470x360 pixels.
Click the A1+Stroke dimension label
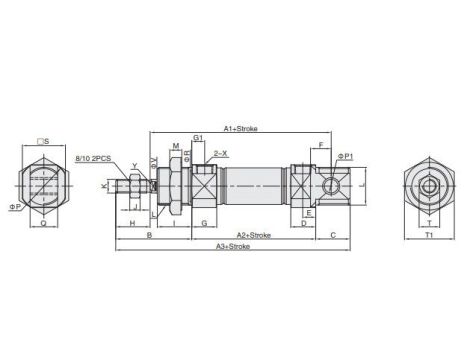241,128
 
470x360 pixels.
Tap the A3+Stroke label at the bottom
233,245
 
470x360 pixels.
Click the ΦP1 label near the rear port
346,156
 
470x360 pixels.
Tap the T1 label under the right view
428,235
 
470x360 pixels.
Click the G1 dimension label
199,137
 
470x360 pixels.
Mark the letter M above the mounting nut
176,147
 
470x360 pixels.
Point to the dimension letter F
320,146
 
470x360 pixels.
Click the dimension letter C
332,234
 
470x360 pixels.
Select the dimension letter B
149,234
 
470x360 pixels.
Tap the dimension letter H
133,223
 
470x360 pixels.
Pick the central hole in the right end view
428,185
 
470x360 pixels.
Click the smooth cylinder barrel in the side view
255,185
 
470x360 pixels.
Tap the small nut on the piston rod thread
135,185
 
